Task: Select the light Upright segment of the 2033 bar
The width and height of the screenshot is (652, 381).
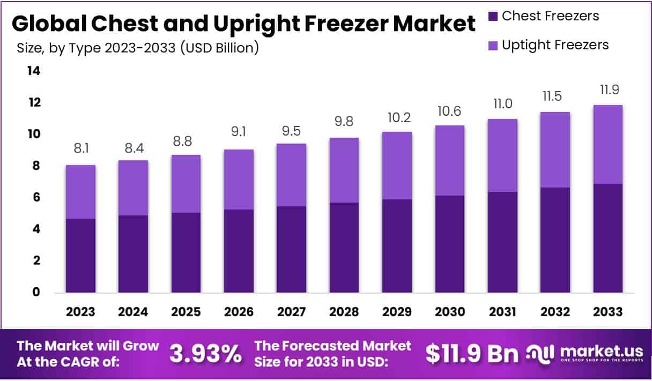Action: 607,144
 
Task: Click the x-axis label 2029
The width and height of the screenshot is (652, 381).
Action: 397,312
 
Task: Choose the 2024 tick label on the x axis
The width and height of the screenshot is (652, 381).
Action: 133,312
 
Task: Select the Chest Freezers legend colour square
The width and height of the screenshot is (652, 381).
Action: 493,17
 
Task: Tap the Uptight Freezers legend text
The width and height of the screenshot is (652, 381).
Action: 555,45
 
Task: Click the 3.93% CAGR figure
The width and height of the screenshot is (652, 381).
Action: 205,354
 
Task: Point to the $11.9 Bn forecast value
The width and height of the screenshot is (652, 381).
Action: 472,354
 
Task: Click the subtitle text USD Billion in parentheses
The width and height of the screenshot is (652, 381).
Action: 220,48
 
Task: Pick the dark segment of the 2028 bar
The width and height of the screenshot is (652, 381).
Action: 344,247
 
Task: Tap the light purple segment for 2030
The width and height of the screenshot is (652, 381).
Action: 449,160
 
